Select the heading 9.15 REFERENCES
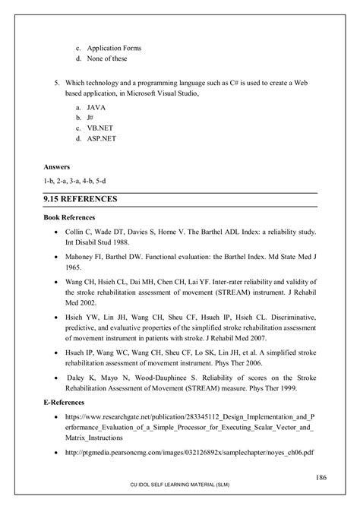pos(81,199)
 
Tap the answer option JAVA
pos(96,109)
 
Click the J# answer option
pos(91,119)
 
